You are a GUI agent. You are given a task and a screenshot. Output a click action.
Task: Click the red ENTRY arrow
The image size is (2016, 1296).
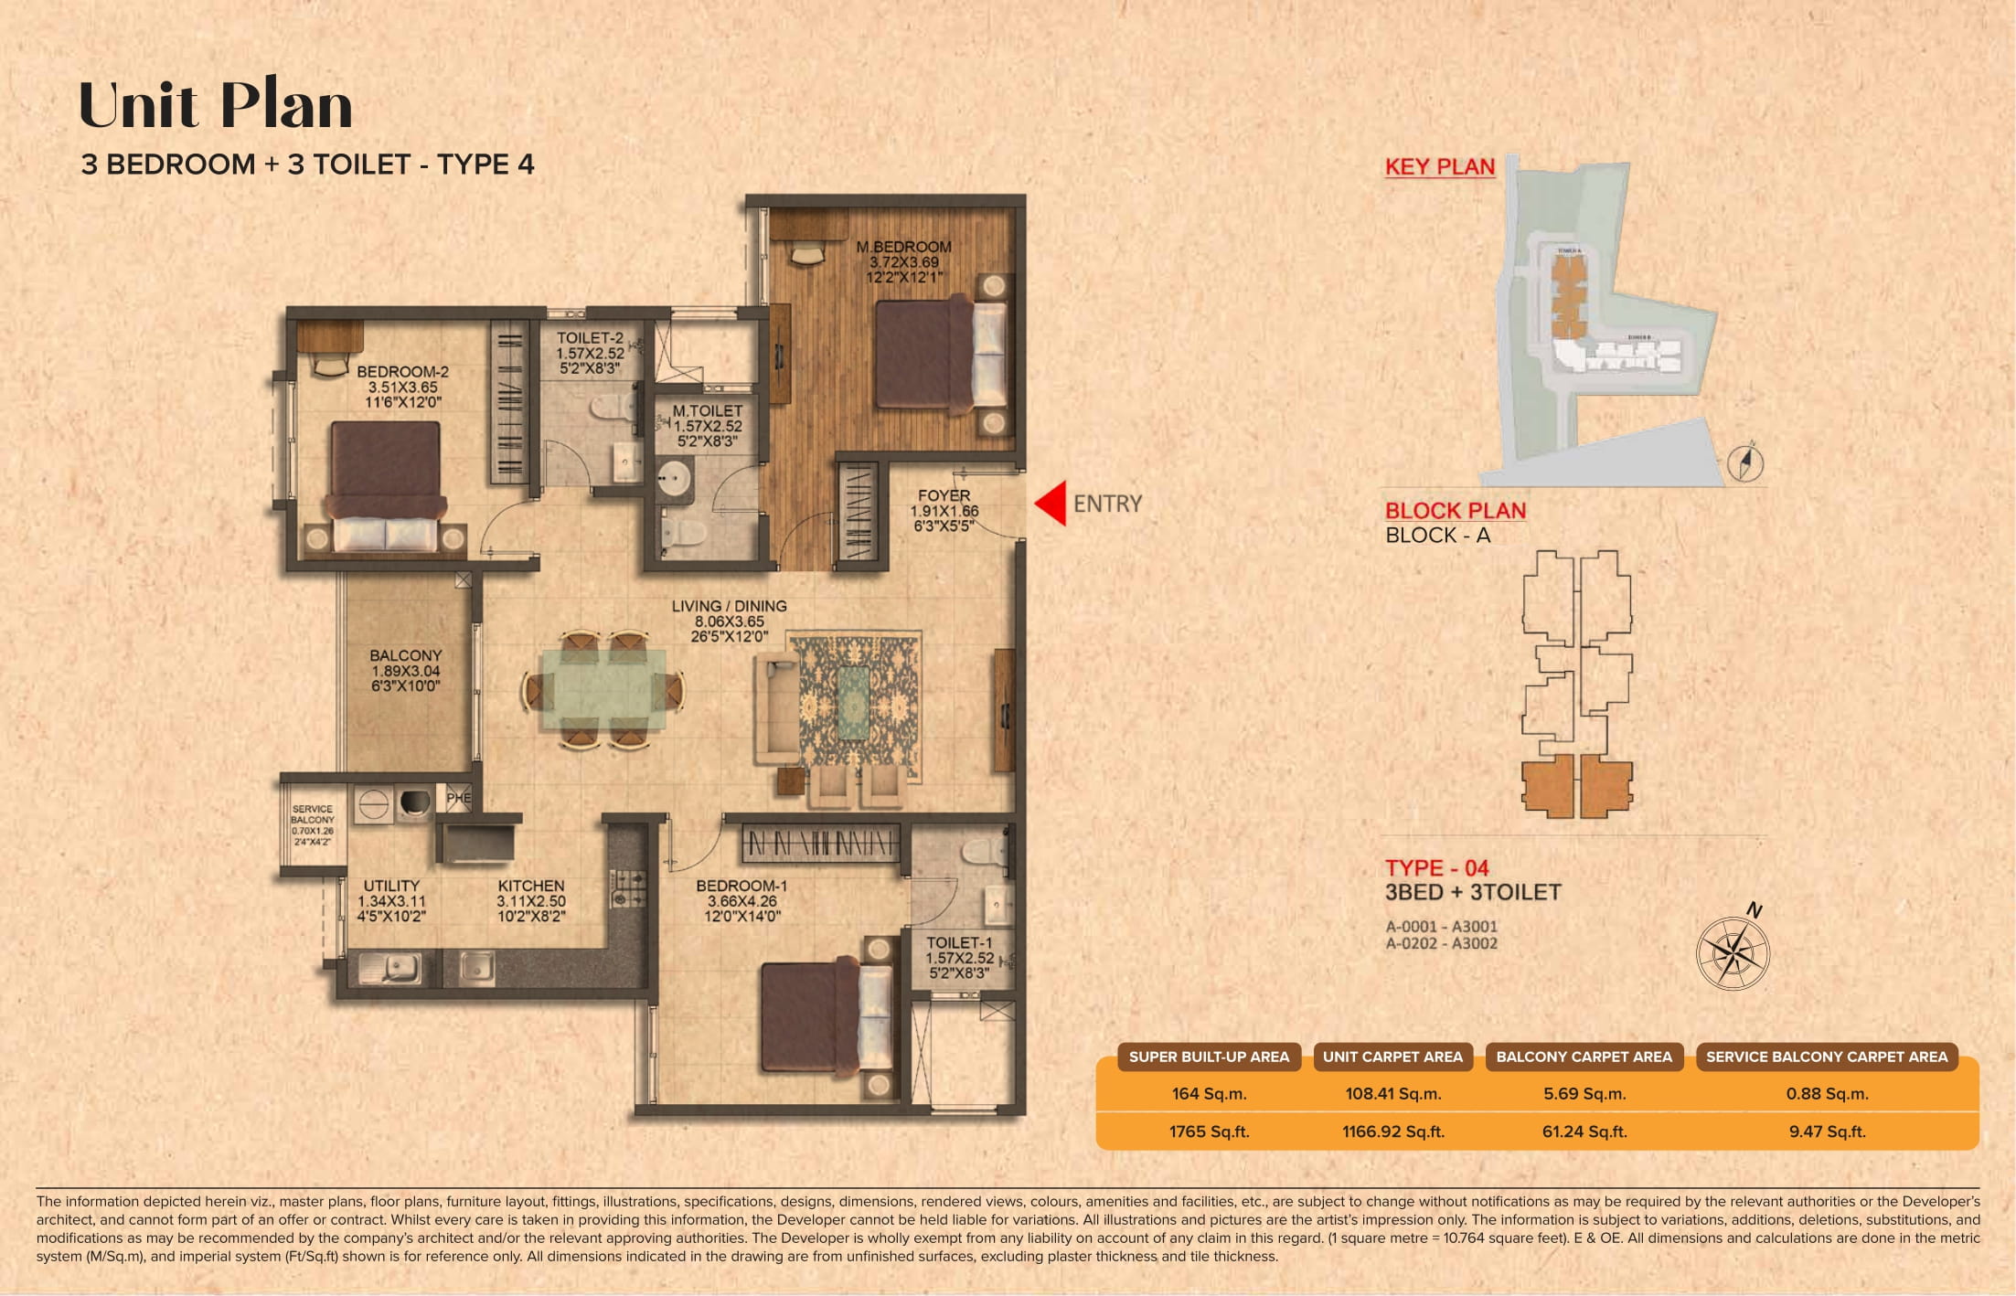click(1052, 504)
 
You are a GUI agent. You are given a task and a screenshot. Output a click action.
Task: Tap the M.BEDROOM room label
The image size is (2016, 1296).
click(903, 247)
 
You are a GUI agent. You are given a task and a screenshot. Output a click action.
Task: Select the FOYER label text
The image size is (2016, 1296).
click(944, 495)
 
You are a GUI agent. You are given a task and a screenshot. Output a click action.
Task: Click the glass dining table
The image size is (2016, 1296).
click(603, 689)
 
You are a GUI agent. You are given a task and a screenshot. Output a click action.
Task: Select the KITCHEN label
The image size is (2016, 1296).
click(530, 886)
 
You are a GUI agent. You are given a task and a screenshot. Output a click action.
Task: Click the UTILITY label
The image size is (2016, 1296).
click(391, 886)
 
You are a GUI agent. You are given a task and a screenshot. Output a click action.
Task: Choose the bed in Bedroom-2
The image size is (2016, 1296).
click(385, 485)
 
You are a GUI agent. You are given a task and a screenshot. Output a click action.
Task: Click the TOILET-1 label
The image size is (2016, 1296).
click(958, 942)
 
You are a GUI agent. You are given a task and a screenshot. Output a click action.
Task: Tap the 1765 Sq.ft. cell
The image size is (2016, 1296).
click(1208, 1131)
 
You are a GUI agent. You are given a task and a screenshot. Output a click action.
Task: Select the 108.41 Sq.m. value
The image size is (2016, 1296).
click(1392, 1094)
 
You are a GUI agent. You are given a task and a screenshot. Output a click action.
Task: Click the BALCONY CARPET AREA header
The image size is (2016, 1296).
click(1584, 1057)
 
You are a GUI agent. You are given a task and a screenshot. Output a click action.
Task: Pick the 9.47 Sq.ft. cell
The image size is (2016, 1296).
click(1826, 1131)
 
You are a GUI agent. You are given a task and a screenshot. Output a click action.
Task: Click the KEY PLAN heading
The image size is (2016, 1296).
click(1439, 166)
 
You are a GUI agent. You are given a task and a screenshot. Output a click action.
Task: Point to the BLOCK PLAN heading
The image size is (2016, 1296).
click(1455, 511)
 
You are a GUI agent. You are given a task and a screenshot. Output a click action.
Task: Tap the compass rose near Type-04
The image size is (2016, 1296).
click(1733, 953)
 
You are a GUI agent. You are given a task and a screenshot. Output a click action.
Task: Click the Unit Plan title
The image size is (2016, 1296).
click(216, 105)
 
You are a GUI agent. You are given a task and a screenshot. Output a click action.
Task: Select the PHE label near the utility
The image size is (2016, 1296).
click(458, 798)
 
